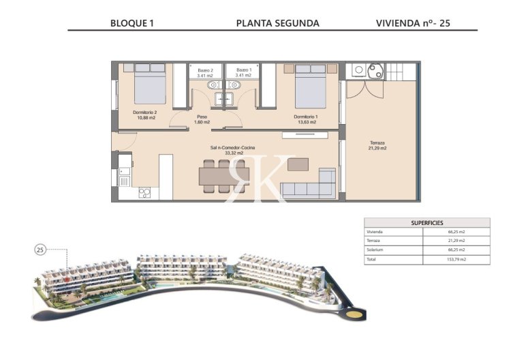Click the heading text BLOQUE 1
(x=131, y=22)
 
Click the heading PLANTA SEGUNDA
(x=277, y=22)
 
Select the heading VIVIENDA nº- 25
(x=413, y=22)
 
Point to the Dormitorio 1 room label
(x=306, y=119)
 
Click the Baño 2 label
(x=205, y=73)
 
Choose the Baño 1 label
(x=244, y=73)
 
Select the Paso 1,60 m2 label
(x=202, y=119)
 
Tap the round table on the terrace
(x=375, y=70)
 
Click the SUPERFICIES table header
(x=427, y=222)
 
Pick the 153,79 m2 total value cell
(x=456, y=260)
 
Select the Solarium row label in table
(x=376, y=250)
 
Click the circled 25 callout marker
(x=40, y=250)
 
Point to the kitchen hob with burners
(x=144, y=192)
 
